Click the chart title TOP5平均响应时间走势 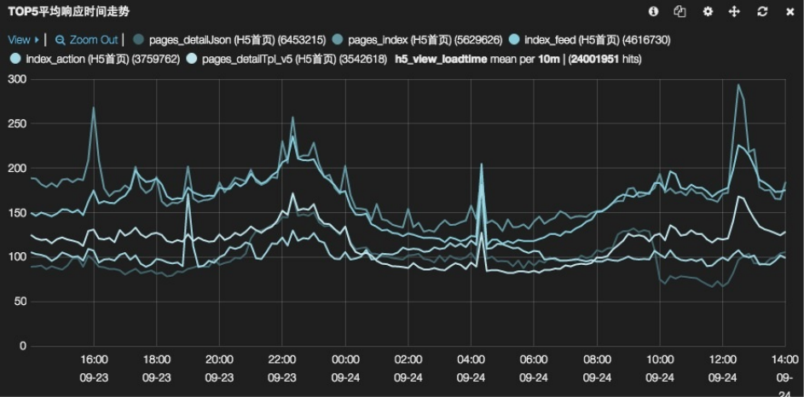click(69, 12)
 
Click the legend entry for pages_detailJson click(232, 40)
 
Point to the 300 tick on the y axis click(16, 79)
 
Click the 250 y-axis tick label click(16, 124)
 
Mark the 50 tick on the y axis click(20, 302)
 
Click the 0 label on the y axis click(23, 346)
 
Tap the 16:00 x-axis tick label click(94, 360)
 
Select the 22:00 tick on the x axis click(282, 360)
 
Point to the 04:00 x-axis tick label click(471, 360)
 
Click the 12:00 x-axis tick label click(722, 360)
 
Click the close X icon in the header click(790, 12)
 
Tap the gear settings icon click(707, 12)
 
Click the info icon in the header click(653, 12)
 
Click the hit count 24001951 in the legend click(593, 60)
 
